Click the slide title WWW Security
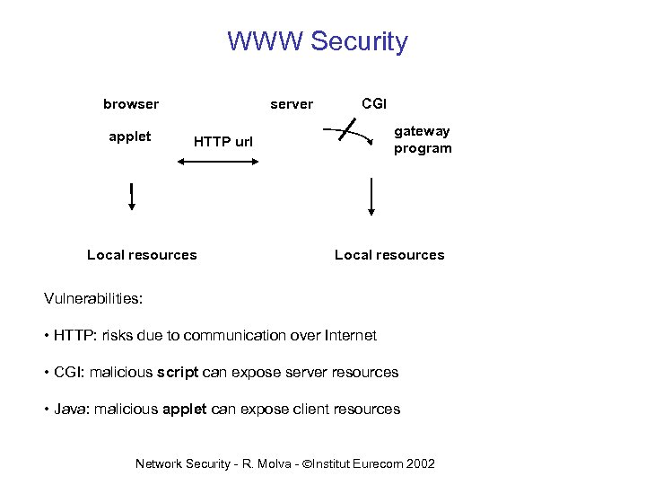tap(318, 41)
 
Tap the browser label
tap(131, 104)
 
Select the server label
tap(292, 104)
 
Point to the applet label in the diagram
tap(129, 137)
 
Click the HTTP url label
tap(223, 142)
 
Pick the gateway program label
tap(423, 140)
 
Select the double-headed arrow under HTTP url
tap(218, 163)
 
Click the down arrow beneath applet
tap(132, 195)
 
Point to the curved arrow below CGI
tap(354, 137)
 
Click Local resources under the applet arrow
tap(142, 255)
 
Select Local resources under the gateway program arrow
tap(389, 255)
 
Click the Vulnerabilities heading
tap(93, 297)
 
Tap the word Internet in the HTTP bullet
tap(348, 336)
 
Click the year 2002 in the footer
tap(420, 463)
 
